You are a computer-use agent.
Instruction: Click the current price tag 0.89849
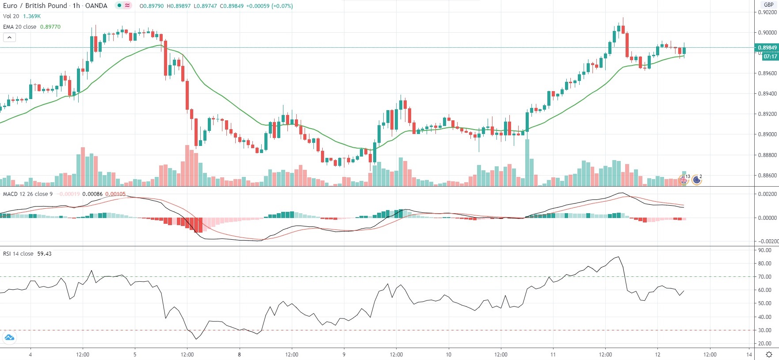[767, 47]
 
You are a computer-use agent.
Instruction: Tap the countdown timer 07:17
[770, 56]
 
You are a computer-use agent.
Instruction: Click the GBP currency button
[769, 5]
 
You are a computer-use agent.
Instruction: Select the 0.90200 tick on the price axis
[768, 12]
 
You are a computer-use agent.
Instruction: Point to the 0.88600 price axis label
[768, 176]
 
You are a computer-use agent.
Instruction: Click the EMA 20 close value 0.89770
[50, 27]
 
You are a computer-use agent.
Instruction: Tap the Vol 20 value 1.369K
[32, 16]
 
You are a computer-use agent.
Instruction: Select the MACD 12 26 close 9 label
[28, 194]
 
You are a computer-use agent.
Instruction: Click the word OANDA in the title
[96, 6]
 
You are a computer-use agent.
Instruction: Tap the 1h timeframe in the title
[76, 6]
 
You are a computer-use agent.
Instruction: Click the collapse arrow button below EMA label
[9, 38]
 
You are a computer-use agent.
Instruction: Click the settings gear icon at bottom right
[769, 354]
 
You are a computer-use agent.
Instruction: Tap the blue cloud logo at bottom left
[9, 338]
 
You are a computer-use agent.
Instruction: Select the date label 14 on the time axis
[749, 354]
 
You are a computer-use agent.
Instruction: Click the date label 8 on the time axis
[239, 354]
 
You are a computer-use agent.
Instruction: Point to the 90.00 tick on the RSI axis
[765, 250]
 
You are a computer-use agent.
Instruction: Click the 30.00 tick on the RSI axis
[765, 330]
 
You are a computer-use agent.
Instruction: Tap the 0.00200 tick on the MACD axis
[768, 194]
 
